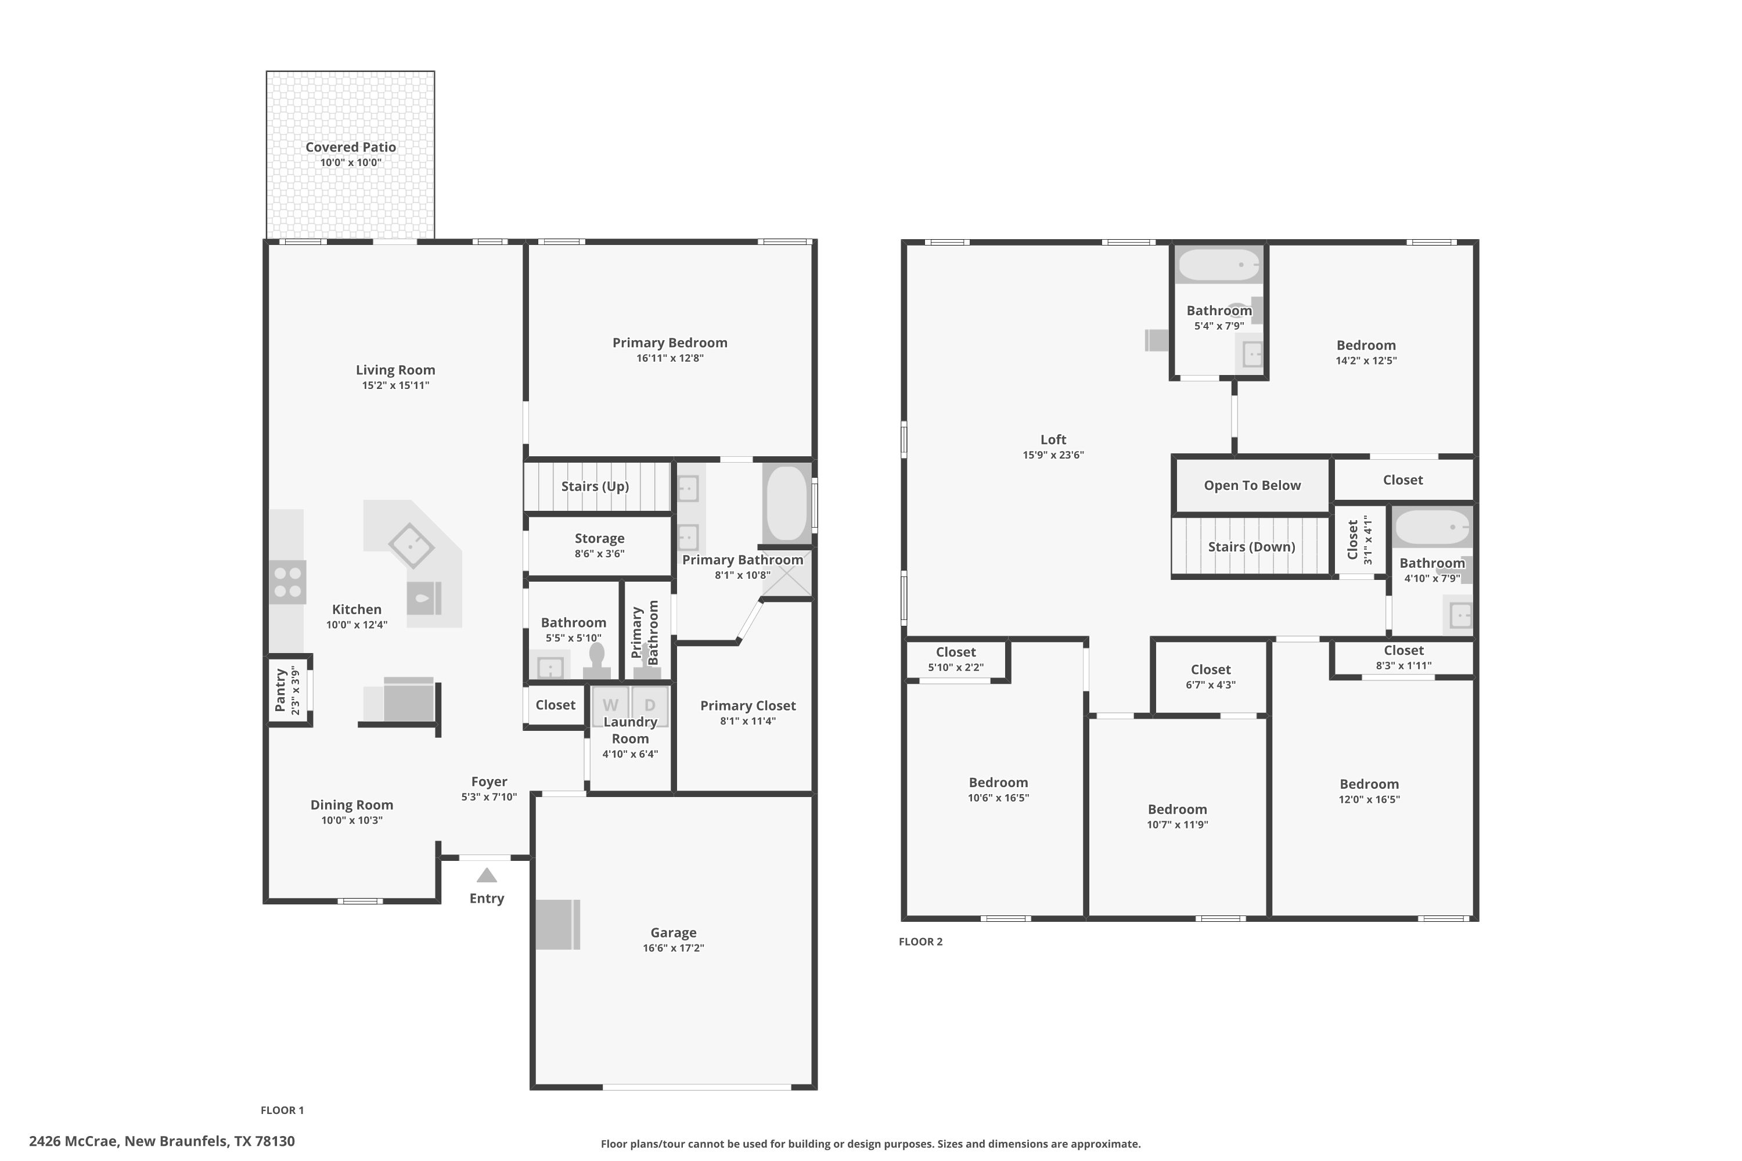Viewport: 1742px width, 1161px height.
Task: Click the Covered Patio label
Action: [x=350, y=147]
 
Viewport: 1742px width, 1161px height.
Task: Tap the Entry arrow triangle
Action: [x=487, y=875]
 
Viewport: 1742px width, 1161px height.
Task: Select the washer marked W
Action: [x=610, y=706]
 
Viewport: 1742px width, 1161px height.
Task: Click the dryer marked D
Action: [x=650, y=706]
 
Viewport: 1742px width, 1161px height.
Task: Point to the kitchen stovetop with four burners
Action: [x=287, y=582]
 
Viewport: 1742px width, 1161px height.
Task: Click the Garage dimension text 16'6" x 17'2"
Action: [x=673, y=948]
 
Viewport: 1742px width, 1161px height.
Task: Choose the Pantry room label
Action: [x=280, y=690]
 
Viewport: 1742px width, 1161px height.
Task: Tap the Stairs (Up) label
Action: [x=595, y=486]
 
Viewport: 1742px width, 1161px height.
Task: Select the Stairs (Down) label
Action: [x=1251, y=547]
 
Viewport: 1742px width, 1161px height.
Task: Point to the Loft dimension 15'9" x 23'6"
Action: [x=1053, y=455]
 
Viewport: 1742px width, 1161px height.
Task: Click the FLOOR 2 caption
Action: [x=920, y=941]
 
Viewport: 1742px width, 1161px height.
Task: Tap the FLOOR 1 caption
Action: [x=282, y=1110]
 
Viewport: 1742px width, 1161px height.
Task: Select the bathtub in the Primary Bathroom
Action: [x=787, y=503]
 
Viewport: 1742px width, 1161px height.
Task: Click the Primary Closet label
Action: [x=748, y=706]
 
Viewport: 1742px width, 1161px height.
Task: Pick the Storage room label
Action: [x=599, y=538]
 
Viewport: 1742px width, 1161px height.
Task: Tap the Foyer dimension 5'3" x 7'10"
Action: [x=489, y=796]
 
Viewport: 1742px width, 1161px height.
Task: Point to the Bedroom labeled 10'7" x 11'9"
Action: [x=1177, y=809]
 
